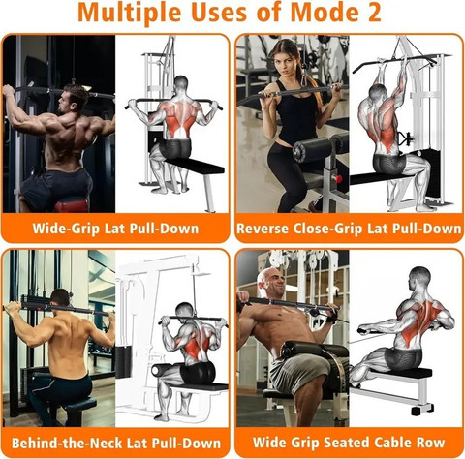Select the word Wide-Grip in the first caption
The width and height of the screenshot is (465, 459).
click(x=66, y=229)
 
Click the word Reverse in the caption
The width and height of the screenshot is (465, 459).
click(x=263, y=229)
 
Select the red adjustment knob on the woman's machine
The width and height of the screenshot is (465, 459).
click(x=338, y=178)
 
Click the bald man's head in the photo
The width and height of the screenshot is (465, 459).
click(x=270, y=283)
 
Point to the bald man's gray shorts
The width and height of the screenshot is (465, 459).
click(x=298, y=371)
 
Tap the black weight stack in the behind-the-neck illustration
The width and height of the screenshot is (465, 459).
click(x=123, y=362)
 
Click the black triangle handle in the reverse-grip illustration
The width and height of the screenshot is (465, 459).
click(x=405, y=138)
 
